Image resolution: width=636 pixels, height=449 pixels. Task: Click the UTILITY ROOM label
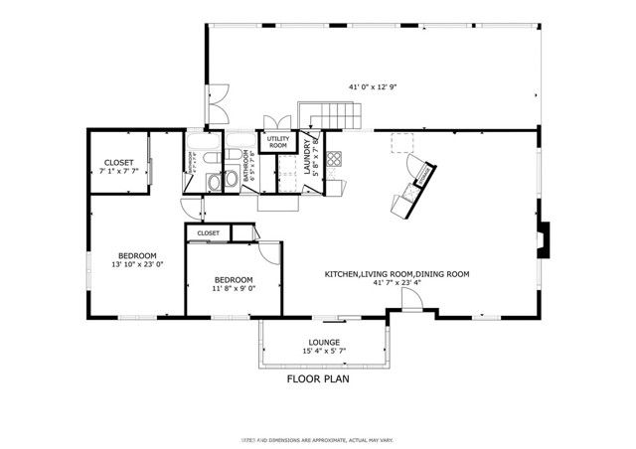tap(278, 142)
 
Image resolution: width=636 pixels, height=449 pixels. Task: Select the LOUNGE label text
tap(325, 342)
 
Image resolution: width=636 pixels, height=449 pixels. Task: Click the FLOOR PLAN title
tap(318, 378)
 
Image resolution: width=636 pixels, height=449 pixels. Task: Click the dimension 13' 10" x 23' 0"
tap(136, 265)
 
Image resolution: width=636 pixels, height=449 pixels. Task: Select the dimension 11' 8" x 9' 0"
tap(235, 290)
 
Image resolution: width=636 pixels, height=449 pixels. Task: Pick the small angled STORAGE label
tap(422, 175)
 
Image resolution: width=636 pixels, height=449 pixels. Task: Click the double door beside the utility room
tap(273, 123)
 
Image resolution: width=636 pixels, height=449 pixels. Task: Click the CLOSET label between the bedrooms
tap(209, 232)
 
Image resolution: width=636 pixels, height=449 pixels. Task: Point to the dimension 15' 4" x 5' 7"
tap(325, 351)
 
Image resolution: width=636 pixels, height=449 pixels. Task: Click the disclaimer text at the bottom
tap(318, 437)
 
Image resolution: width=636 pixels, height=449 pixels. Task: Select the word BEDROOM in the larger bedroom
tap(138, 255)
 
